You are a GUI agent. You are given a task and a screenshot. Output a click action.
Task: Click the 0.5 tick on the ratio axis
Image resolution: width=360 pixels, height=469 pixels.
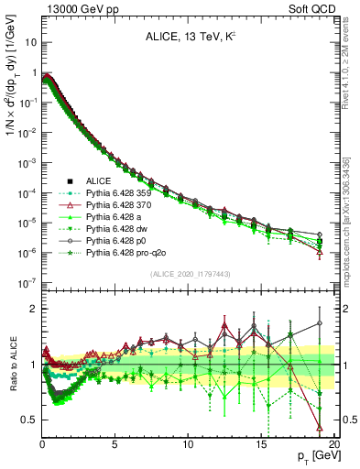click(x=27, y=420)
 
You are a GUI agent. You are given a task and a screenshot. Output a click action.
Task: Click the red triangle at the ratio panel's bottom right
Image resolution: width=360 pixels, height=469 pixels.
click(x=319, y=427)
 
